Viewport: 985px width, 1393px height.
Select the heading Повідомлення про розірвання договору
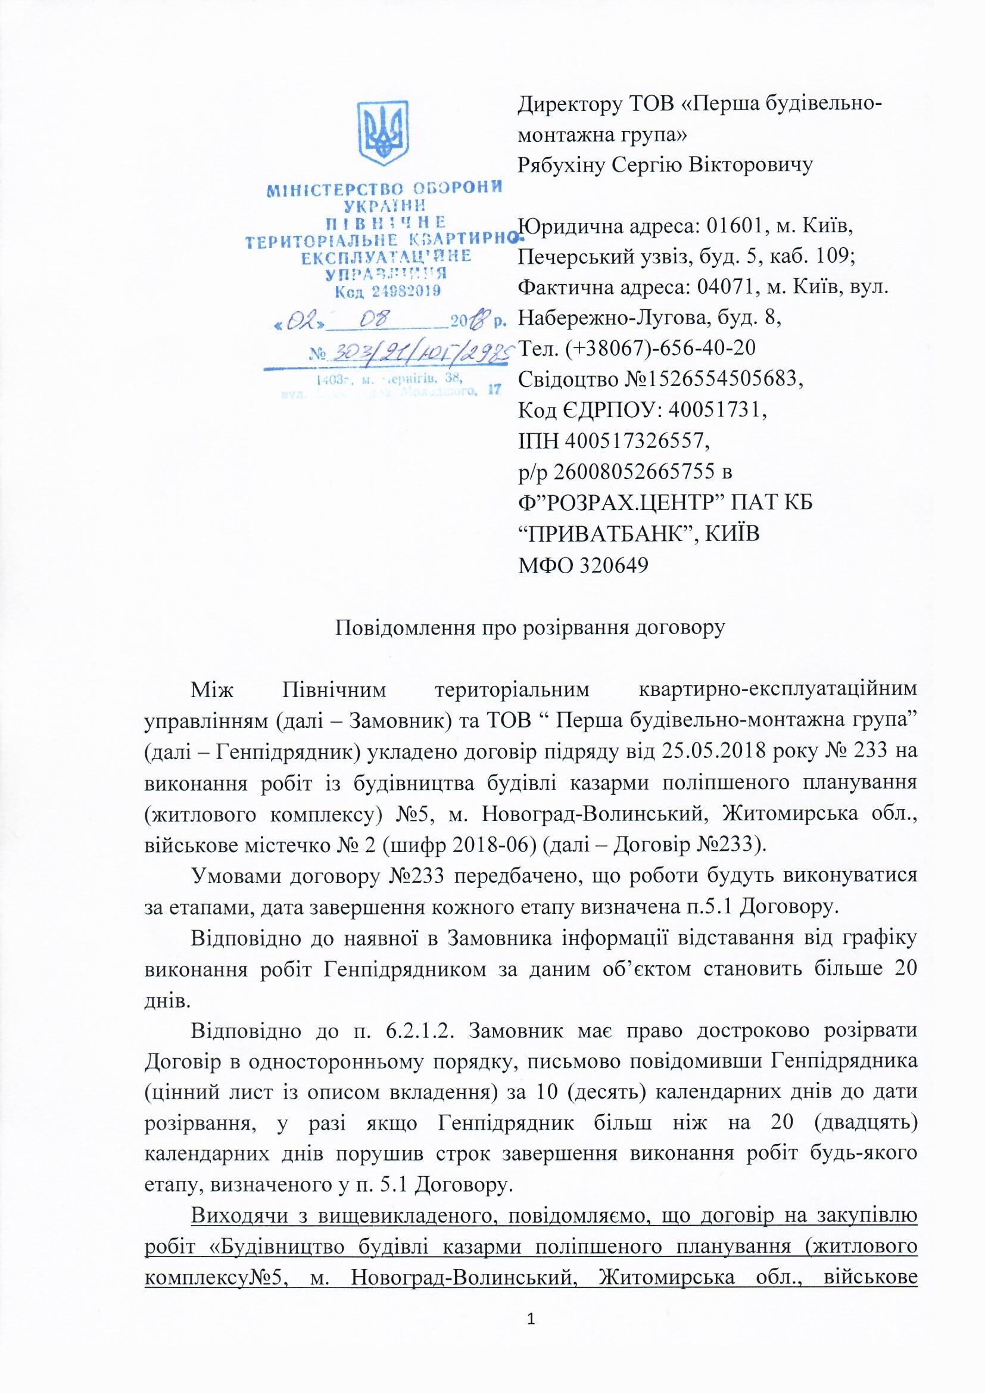[531, 627]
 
